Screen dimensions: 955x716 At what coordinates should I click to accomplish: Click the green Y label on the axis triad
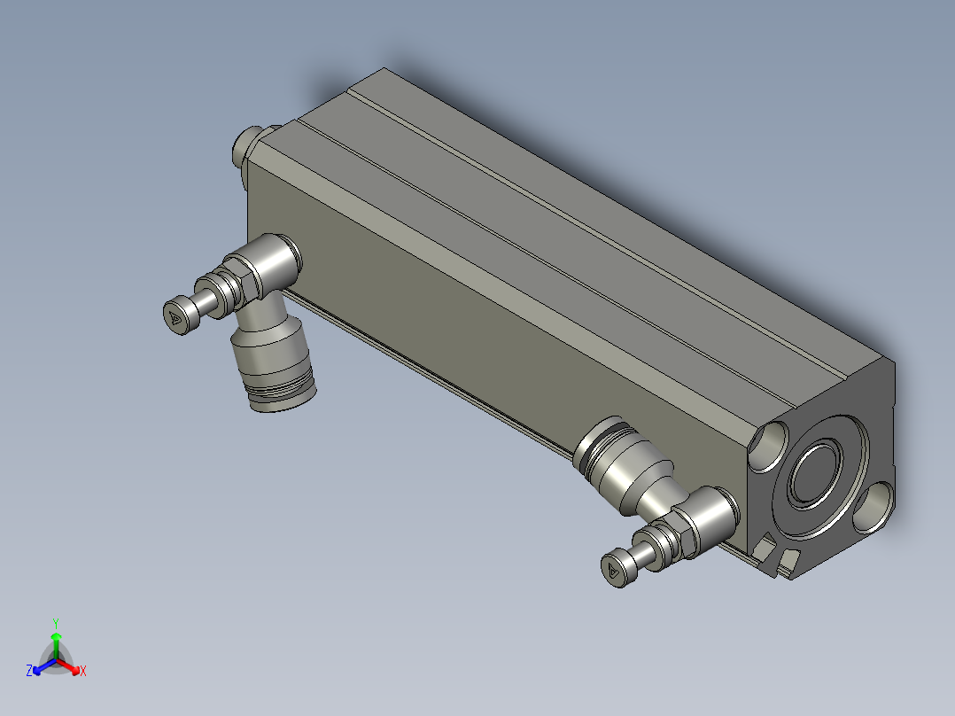[x=56, y=624]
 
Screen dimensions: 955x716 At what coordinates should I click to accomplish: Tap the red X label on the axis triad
[x=83, y=671]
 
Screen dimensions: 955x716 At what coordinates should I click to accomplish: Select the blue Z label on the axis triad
[x=29, y=670]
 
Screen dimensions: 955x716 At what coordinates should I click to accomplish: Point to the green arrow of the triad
[x=56, y=645]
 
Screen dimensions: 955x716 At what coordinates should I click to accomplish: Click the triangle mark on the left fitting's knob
[x=175, y=317]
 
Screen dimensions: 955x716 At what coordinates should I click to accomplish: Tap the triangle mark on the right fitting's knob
[x=613, y=571]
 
